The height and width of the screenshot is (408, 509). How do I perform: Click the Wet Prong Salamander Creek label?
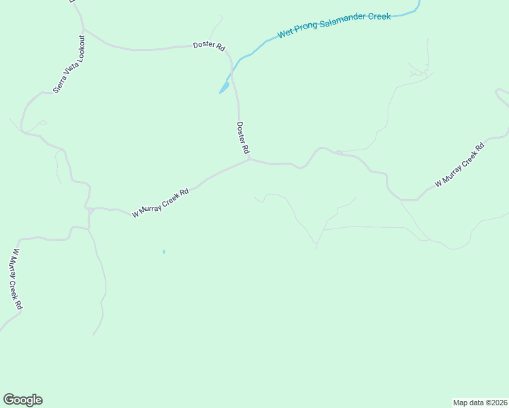(x=333, y=25)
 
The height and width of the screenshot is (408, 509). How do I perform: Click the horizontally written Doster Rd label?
(x=208, y=46)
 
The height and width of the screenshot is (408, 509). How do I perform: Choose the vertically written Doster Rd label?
(x=243, y=137)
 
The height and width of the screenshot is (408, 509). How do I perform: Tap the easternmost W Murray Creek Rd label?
(x=459, y=165)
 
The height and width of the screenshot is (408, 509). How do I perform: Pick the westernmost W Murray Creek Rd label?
(x=16, y=279)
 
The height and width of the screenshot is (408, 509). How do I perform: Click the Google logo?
(x=22, y=400)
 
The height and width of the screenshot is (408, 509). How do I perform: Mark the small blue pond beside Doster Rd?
(x=223, y=88)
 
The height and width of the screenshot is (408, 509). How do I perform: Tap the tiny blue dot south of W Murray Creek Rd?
(x=163, y=252)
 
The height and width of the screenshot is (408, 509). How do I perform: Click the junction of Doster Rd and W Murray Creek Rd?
(x=250, y=160)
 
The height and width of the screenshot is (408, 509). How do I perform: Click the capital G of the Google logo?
(x=9, y=400)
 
